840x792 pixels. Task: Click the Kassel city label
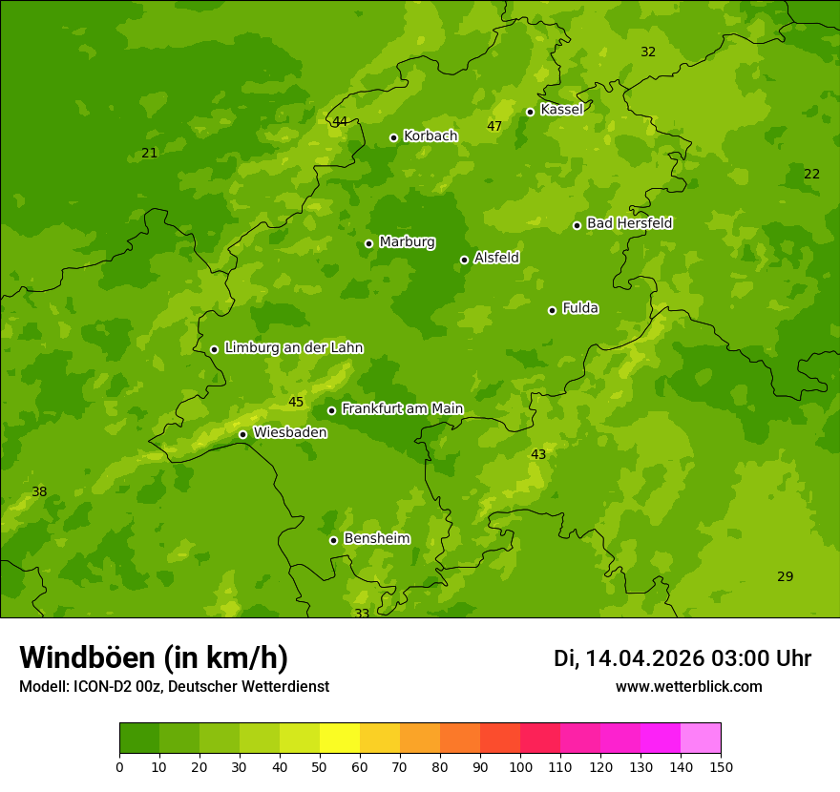coord(561,110)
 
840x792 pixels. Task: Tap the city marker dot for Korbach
coord(393,137)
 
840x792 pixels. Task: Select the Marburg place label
coord(407,242)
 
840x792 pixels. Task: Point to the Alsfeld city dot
coord(464,260)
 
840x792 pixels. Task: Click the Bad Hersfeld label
coord(629,223)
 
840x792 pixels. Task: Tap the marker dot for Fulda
coord(552,310)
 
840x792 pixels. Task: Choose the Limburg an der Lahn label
coord(293,348)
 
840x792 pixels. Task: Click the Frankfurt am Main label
coord(402,409)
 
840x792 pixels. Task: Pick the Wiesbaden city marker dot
coord(242,434)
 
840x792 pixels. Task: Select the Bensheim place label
coord(376,539)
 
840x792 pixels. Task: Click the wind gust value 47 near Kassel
coord(494,127)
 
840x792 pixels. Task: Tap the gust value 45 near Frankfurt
coord(296,403)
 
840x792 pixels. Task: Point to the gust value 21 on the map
coord(149,154)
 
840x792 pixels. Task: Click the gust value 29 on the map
coord(785,577)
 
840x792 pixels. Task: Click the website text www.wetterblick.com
coord(688,687)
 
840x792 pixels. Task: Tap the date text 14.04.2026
coord(644,658)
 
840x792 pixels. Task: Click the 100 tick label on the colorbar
coord(520,766)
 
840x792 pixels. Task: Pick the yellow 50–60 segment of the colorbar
coord(339,739)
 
